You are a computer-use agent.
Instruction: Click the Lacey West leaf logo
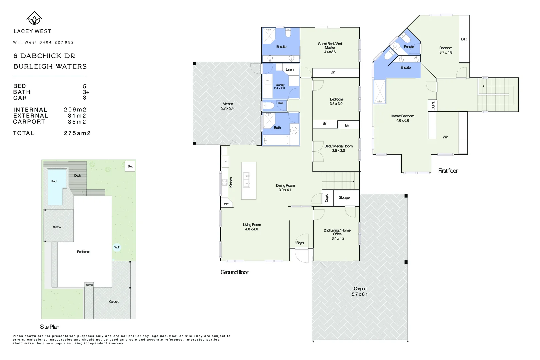tap(34, 18)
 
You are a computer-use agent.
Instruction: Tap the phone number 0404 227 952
tap(57, 42)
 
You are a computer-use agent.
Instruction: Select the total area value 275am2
tap(77, 133)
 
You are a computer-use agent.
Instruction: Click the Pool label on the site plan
tap(54, 181)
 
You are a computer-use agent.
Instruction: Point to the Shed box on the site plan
tap(130, 166)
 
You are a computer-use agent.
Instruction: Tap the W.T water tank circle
tap(117, 247)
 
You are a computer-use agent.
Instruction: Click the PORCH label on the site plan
tap(89, 285)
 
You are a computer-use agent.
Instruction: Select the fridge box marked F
tap(225, 161)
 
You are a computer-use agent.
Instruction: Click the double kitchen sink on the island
tap(247, 180)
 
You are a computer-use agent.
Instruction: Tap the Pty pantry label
tap(226, 204)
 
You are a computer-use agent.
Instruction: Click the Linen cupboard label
tap(290, 69)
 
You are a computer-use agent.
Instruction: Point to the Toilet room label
tap(281, 103)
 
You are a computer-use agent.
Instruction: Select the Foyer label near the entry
tap(300, 243)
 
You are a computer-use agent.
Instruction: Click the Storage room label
tap(344, 198)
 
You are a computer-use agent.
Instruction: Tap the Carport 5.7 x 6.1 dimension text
tap(360, 294)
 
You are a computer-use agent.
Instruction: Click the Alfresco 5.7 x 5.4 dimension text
tap(227, 108)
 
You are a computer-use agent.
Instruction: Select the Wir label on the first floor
tap(445, 137)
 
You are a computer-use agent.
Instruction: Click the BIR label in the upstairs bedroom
tap(464, 39)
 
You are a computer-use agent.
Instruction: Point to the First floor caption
tap(448, 171)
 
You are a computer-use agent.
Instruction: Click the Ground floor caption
tap(234, 272)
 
